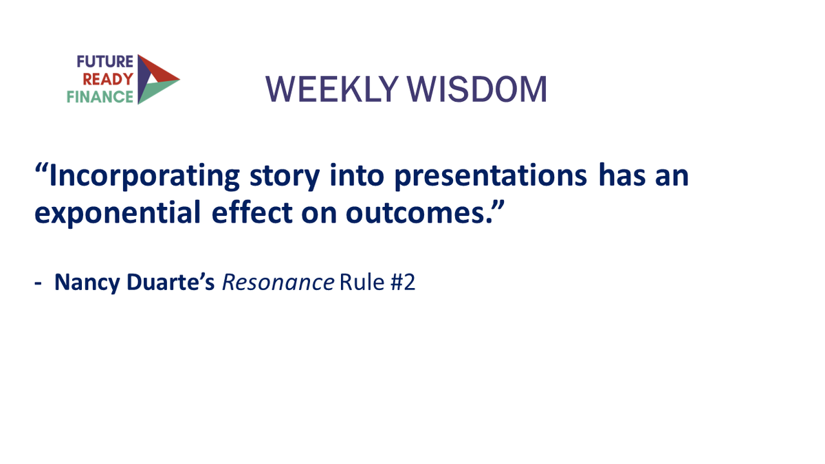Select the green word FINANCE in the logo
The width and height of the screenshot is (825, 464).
[x=100, y=96]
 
